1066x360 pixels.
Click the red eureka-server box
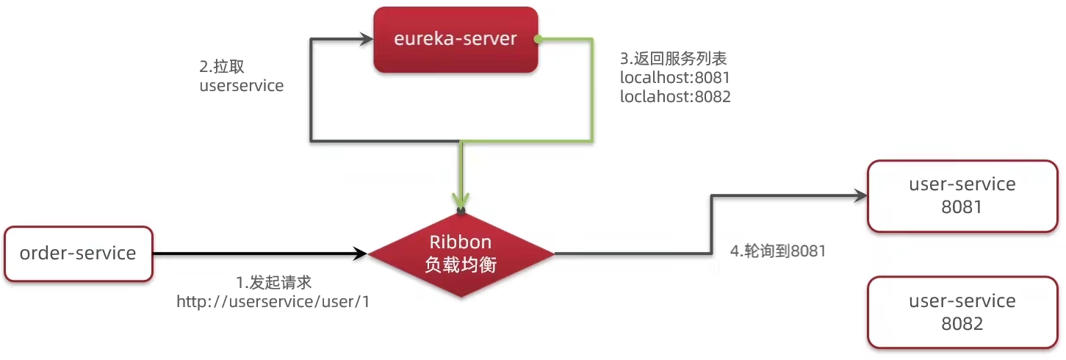455,40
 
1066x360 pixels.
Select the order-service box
78,253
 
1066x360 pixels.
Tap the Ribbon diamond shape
461,253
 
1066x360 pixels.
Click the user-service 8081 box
962,195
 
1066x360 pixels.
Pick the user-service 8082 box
962,312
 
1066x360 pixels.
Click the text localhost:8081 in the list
675,77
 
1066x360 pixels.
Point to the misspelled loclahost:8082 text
675,96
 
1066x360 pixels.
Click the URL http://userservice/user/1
273,301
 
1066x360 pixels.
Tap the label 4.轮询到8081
778,251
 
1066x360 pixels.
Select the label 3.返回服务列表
674,58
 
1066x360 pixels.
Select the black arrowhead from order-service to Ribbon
360,254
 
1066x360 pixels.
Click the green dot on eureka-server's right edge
538,40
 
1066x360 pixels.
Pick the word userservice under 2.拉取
241,86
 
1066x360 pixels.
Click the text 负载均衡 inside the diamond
461,265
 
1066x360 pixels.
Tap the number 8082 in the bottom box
962,323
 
